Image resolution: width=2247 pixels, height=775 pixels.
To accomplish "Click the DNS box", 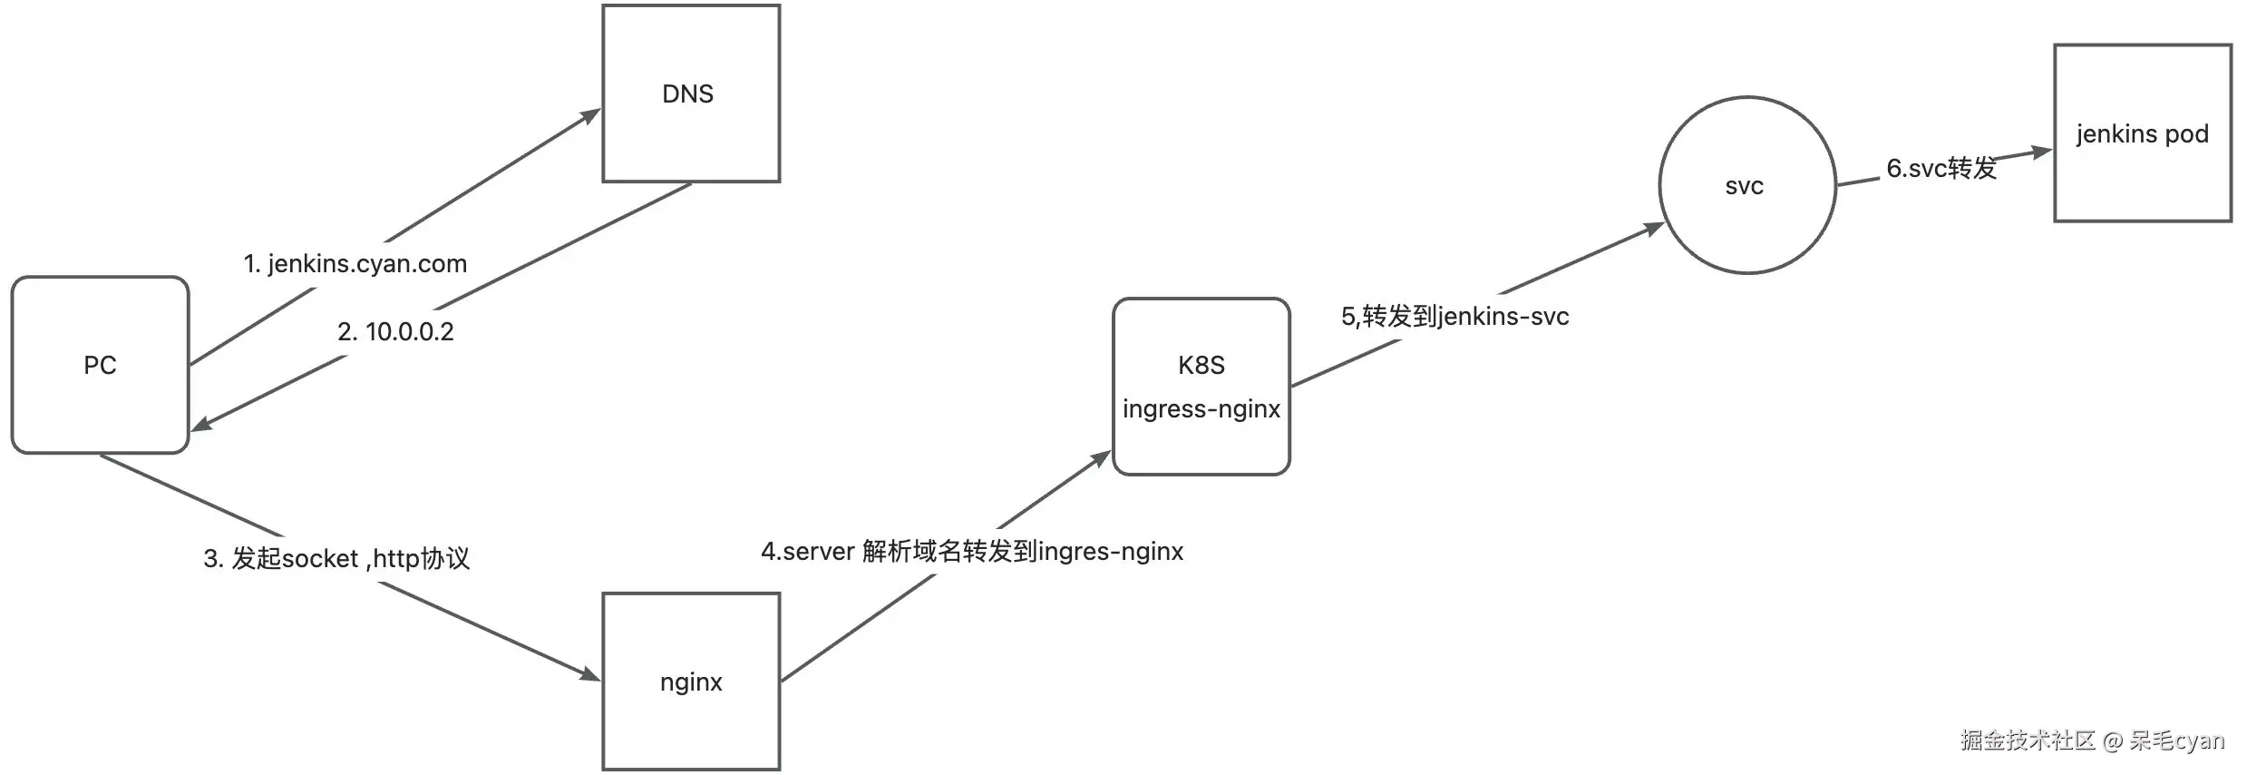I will click(691, 93).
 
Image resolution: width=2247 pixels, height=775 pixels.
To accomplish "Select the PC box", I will click(100, 365).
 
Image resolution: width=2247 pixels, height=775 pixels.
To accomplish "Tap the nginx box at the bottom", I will click(691, 682).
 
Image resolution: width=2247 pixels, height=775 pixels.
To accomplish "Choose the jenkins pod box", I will click(2142, 133).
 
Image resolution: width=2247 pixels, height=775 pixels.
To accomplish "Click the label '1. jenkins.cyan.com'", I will click(355, 264).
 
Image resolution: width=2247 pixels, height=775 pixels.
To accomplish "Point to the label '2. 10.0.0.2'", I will click(395, 332).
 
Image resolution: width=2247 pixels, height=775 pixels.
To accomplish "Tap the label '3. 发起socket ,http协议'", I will click(336, 558).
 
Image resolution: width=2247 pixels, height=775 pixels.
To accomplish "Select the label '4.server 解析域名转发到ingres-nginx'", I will click(972, 552).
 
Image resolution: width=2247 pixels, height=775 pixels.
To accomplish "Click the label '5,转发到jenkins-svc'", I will click(1454, 317).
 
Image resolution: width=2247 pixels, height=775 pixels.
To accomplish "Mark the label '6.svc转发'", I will click(1941, 169).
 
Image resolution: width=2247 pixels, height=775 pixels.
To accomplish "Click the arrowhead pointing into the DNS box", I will click(591, 115).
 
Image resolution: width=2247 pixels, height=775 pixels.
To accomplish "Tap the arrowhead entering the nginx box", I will click(590, 674).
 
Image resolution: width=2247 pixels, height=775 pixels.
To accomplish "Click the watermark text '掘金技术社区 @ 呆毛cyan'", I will click(2092, 741).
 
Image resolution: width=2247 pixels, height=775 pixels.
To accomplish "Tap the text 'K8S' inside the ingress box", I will click(1201, 365).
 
